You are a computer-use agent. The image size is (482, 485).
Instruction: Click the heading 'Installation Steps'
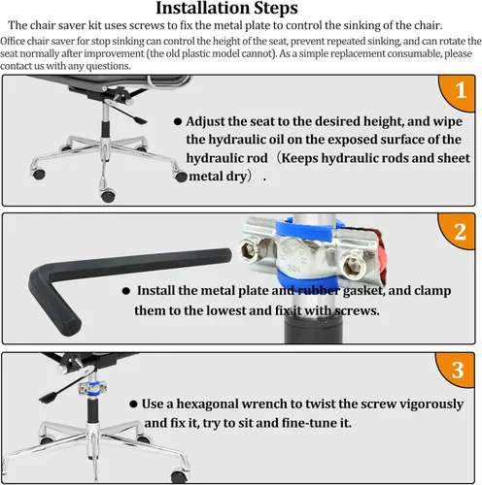226,9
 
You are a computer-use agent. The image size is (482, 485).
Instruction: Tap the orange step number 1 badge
458,93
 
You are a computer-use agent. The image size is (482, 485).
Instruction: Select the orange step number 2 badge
457,231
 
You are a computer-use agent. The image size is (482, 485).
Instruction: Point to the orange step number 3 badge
456,370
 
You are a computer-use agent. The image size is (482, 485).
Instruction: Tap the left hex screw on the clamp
249,249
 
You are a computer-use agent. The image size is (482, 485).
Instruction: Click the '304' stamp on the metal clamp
294,268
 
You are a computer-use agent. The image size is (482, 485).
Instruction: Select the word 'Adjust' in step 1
205,121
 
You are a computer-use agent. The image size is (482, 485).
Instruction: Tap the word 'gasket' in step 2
363,291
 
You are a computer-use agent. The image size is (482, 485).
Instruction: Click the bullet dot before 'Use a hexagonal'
133,404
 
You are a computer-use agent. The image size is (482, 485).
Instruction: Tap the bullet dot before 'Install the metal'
126,291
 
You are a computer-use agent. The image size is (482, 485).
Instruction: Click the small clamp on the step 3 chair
92,388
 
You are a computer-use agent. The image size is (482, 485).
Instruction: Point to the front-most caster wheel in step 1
108,196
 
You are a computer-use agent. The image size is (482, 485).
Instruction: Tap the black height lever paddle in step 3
49,398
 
